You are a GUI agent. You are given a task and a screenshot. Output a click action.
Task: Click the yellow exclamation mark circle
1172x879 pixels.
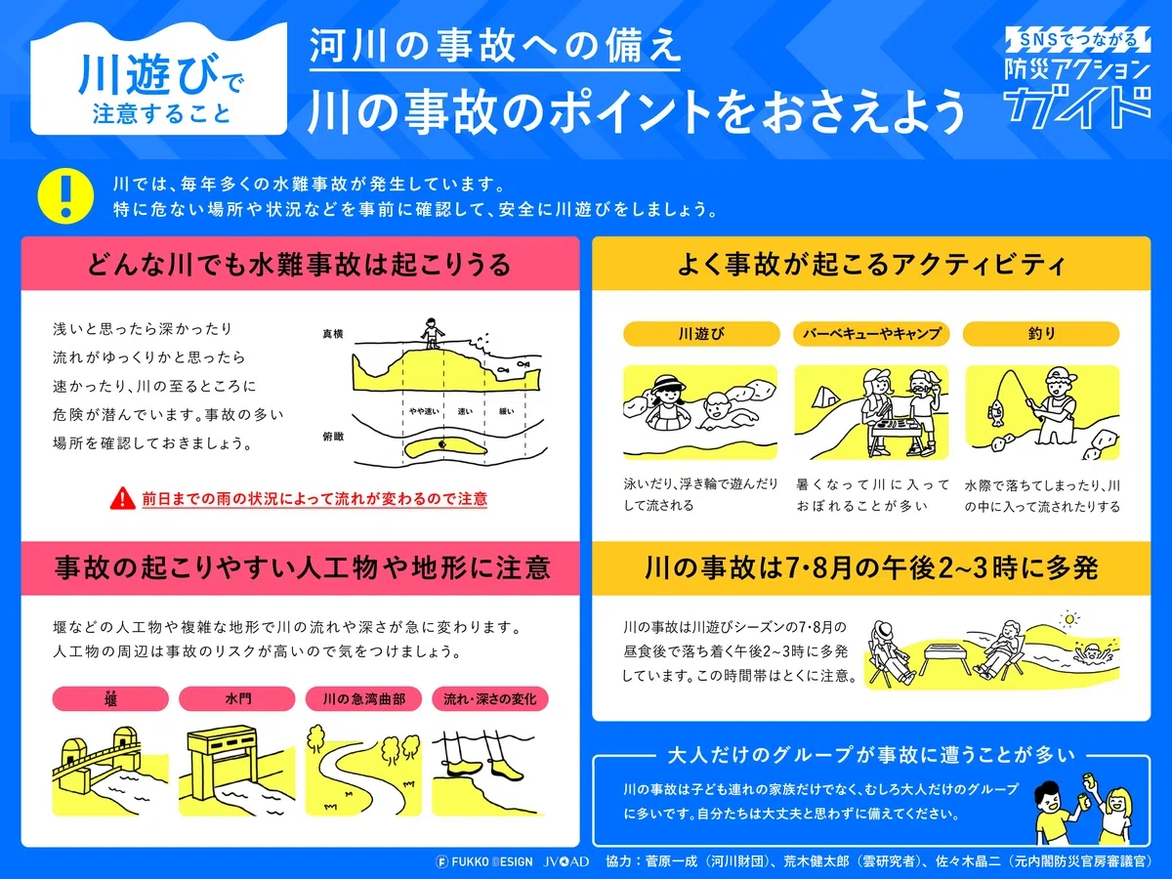pyautogui.click(x=65, y=195)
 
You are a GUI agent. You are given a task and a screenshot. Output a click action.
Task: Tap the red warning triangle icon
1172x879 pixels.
pyautogui.click(x=123, y=498)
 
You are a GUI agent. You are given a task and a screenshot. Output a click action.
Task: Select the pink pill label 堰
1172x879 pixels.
pyautogui.click(x=110, y=698)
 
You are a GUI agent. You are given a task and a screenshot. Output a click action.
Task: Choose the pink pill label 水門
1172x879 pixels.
pyautogui.click(x=237, y=698)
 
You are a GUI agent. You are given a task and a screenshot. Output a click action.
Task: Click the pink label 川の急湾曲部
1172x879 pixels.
pyautogui.click(x=363, y=698)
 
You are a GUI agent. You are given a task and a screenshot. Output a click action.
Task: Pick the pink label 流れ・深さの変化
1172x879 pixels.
pyautogui.click(x=490, y=698)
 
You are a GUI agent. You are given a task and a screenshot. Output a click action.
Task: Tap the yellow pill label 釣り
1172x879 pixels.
pyautogui.click(x=1041, y=334)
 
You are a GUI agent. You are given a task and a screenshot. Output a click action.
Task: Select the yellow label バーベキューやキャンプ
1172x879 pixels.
pyautogui.click(x=871, y=334)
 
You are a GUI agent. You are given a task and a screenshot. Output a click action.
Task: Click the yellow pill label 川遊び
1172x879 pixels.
pyautogui.click(x=701, y=334)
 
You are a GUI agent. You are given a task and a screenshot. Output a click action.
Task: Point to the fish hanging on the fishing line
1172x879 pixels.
pyautogui.click(x=994, y=412)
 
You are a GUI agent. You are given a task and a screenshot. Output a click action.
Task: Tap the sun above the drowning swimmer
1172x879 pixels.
pyautogui.click(x=1068, y=619)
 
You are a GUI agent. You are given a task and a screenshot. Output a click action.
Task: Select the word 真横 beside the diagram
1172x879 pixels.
pyautogui.click(x=333, y=334)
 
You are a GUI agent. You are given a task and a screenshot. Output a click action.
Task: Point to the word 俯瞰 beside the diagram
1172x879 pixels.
pyautogui.click(x=333, y=437)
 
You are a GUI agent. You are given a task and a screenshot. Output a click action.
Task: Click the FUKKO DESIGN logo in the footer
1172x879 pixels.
pyautogui.click(x=484, y=862)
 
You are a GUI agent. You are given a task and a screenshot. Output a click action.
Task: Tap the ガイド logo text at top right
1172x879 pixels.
pyautogui.click(x=1077, y=106)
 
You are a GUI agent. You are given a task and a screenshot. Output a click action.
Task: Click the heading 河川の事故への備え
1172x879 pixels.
pyautogui.click(x=495, y=45)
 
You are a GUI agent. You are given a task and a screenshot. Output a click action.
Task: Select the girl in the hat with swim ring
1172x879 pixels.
pyautogui.click(x=665, y=403)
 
